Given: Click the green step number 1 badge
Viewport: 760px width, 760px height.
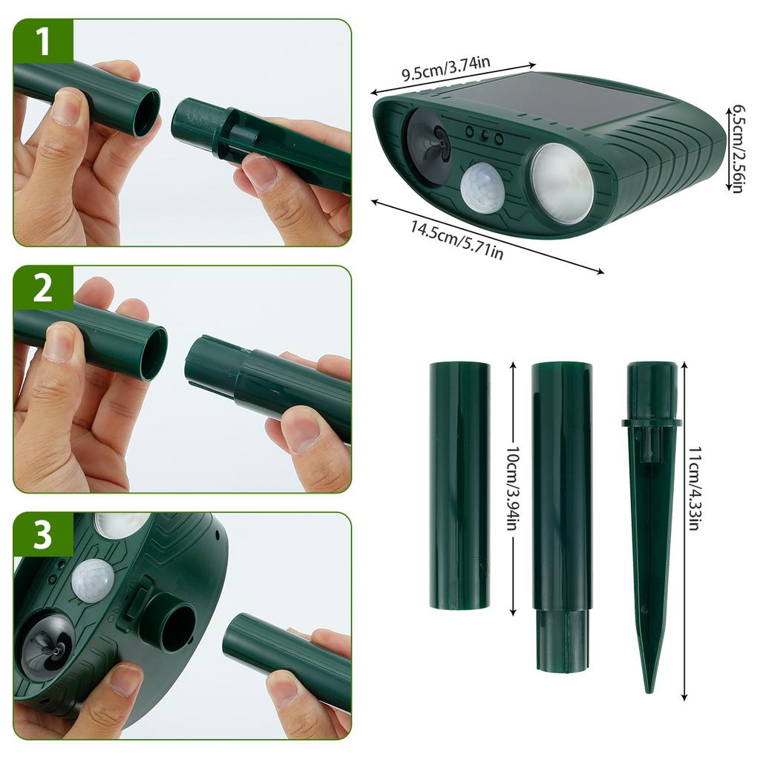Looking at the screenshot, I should point(42,42).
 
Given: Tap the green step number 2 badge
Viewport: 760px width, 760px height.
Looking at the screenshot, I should point(42,288).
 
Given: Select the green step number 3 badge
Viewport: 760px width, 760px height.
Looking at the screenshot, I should point(42,536).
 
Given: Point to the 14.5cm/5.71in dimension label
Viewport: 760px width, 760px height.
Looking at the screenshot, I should point(456,240).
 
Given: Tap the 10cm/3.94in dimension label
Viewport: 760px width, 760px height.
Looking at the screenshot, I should point(512,485).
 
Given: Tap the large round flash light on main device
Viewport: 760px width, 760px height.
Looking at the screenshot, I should point(562,183).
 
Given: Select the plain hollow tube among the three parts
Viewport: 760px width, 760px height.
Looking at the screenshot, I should point(459,485).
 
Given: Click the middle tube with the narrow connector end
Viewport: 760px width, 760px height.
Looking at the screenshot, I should point(561,512).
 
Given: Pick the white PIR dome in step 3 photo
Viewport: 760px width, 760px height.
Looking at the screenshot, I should point(92,580).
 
